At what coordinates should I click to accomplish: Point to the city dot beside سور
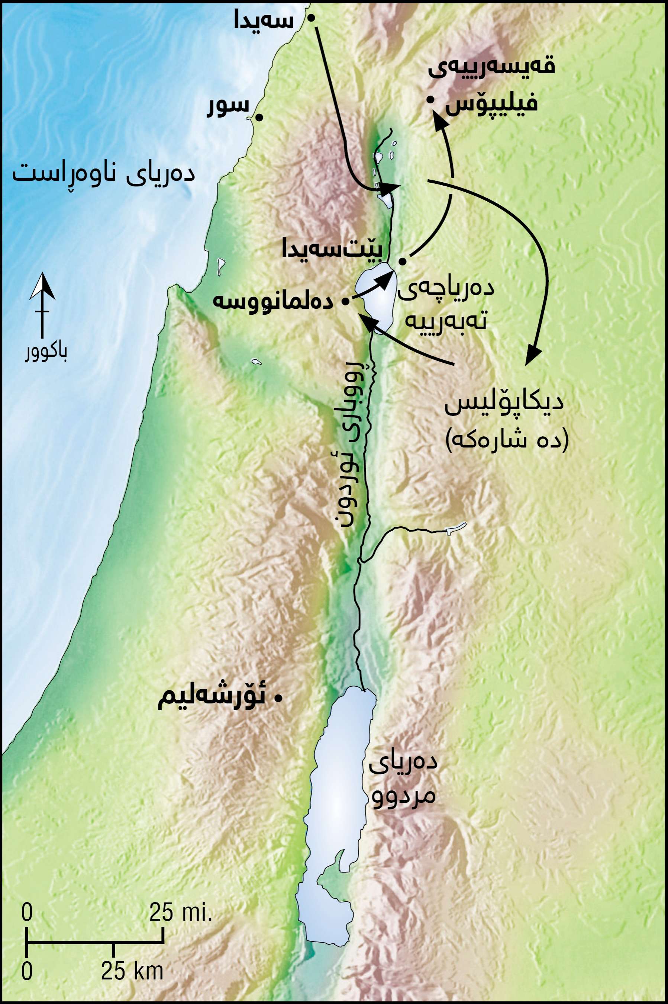pyautogui.click(x=258, y=117)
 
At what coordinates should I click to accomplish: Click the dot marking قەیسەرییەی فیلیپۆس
pyautogui.click(x=430, y=100)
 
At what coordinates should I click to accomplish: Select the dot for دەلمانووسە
pyautogui.click(x=346, y=301)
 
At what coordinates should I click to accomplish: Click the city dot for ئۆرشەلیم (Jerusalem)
pyautogui.click(x=279, y=698)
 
